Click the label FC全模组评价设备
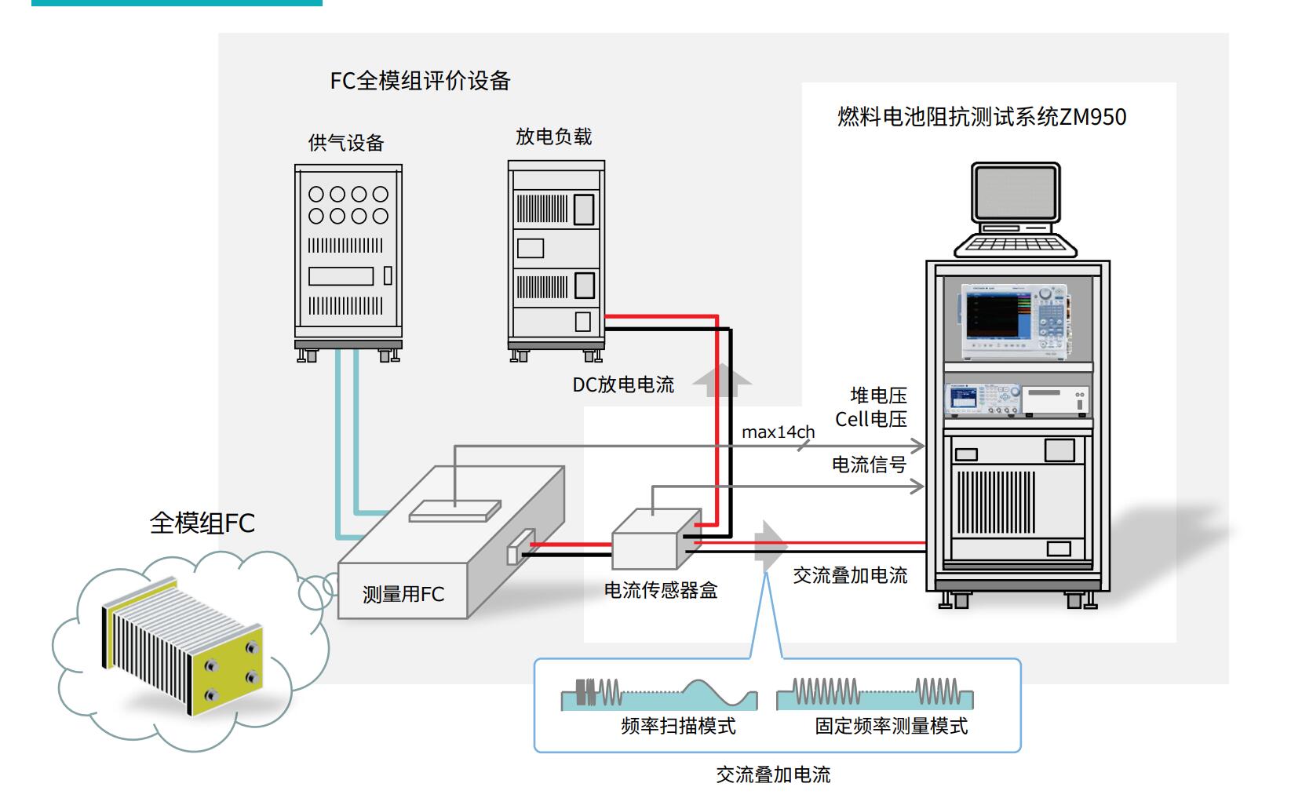(x=420, y=81)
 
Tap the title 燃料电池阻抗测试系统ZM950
(x=981, y=117)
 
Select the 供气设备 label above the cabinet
(x=346, y=143)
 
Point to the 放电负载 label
(x=553, y=137)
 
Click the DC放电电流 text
(x=623, y=384)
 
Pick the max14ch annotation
(x=778, y=432)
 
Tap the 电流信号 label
(x=869, y=465)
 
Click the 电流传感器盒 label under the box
(x=660, y=590)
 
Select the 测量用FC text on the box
(x=403, y=594)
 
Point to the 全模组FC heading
(x=202, y=523)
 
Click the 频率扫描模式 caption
(x=678, y=726)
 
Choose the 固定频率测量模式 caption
(x=891, y=726)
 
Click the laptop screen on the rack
(x=1016, y=193)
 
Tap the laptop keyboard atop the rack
(x=1015, y=244)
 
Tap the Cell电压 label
(x=870, y=419)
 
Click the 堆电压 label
(x=878, y=395)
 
